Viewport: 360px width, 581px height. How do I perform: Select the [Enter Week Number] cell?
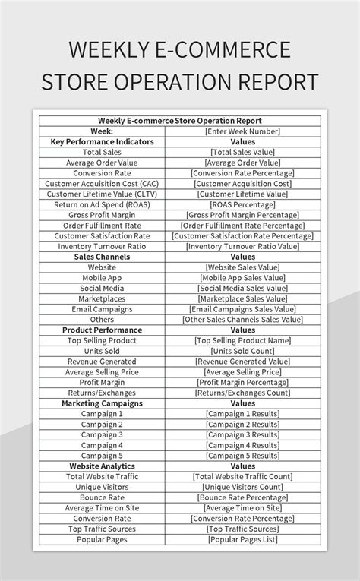tap(242, 131)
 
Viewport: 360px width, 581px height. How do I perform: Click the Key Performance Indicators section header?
tap(102, 141)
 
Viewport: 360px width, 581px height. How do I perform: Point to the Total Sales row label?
tap(102, 152)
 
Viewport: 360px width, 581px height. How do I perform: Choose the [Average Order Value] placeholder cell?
tap(242, 163)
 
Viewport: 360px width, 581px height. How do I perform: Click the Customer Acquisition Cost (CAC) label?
tap(102, 184)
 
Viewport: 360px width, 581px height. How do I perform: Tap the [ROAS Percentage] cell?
tap(242, 204)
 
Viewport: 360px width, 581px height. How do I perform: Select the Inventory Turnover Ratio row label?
tap(102, 246)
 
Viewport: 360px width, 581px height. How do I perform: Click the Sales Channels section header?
tap(102, 257)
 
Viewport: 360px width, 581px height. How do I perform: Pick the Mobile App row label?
tap(102, 278)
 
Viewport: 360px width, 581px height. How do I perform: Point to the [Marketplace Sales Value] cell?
tap(242, 299)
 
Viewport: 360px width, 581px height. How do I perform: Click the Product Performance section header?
tap(102, 330)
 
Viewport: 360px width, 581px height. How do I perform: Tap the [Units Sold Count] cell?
tap(242, 352)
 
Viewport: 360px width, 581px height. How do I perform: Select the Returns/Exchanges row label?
tap(102, 393)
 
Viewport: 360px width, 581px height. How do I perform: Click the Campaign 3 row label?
tap(102, 435)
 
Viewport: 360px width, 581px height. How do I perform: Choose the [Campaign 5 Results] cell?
tap(242, 456)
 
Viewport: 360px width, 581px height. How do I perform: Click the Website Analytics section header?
tap(102, 466)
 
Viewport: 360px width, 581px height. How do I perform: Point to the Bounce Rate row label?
tap(102, 497)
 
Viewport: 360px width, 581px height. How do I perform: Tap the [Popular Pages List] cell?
tap(242, 539)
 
